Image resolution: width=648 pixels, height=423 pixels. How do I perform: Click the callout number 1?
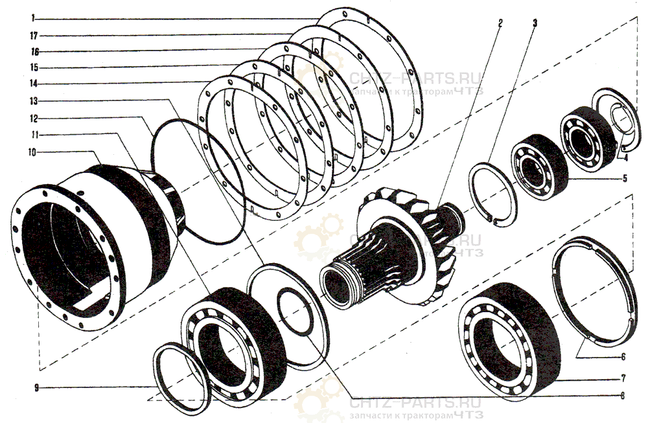click(x=32, y=17)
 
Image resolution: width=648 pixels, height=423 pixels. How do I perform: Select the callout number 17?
click(x=34, y=36)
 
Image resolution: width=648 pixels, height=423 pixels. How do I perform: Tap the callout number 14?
click(x=34, y=84)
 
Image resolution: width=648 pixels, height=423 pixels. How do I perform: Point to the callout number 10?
click(x=32, y=152)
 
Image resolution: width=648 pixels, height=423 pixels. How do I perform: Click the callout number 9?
click(x=36, y=388)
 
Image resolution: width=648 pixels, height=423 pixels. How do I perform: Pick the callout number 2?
click(x=500, y=23)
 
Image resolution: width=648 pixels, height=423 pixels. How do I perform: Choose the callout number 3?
click(x=535, y=23)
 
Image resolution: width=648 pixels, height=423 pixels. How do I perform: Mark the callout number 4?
click(x=626, y=157)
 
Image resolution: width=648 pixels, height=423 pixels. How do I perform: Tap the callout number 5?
click(x=625, y=178)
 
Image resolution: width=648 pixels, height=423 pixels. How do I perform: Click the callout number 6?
click(x=623, y=356)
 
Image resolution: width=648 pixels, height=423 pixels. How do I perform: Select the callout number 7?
click(x=623, y=378)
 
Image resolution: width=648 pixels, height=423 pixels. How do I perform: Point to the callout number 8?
click(x=622, y=396)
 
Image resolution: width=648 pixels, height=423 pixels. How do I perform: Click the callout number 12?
click(x=34, y=119)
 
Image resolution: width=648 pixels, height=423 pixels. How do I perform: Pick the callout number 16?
click(x=35, y=52)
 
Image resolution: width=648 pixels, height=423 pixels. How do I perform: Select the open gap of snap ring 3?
click(x=492, y=218)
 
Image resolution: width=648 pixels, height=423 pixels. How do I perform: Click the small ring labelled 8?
click(x=295, y=311)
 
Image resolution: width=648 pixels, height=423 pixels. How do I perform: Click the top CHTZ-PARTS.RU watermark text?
click(x=415, y=78)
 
